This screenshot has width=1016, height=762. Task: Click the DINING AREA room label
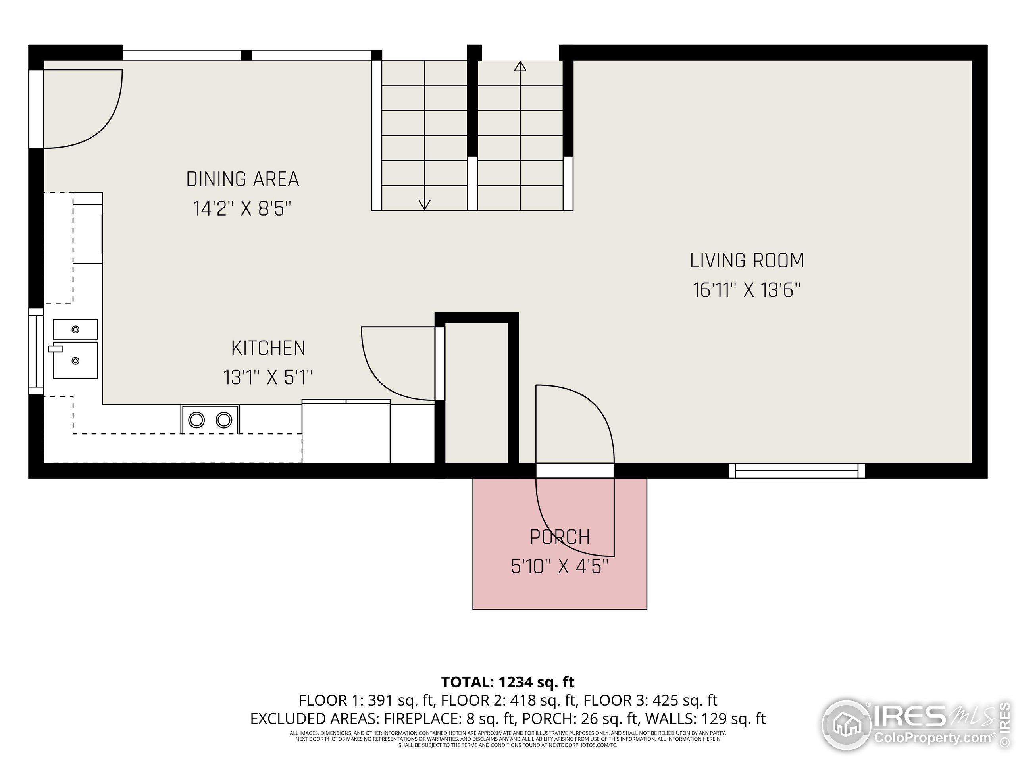[242, 179]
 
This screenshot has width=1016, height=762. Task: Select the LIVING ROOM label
[747, 261]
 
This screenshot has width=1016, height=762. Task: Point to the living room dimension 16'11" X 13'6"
[747, 290]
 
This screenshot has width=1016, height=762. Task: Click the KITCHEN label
[268, 348]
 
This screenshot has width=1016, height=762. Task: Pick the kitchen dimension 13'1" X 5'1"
[268, 377]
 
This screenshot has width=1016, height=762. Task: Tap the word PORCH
[560, 537]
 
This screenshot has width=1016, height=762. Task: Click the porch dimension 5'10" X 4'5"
[560, 566]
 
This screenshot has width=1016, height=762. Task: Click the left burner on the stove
[196, 420]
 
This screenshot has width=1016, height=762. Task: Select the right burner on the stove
[224, 420]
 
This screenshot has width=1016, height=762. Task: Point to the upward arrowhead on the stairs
[520, 66]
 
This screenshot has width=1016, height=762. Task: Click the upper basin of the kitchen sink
[75, 329]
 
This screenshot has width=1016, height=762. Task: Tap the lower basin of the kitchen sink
[75, 360]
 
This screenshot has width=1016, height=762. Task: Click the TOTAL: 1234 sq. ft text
[508, 682]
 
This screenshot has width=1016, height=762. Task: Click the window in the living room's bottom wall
[797, 471]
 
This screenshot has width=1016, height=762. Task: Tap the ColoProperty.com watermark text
[932, 738]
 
